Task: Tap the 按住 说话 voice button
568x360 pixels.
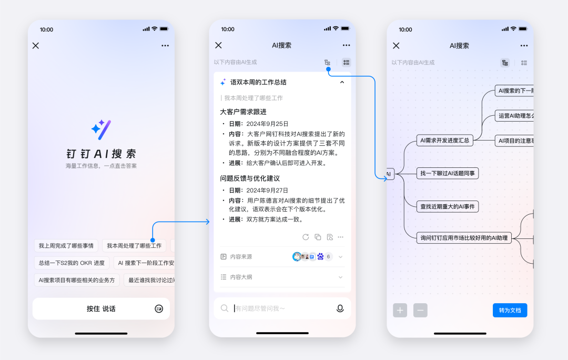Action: coord(100,309)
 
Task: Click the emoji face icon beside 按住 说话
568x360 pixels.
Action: coord(159,309)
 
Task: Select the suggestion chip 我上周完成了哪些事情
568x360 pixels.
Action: coord(66,246)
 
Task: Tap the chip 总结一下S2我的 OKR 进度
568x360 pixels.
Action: coord(72,263)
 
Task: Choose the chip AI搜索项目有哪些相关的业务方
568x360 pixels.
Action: coord(77,280)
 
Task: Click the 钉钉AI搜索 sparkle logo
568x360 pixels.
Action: coord(101,129)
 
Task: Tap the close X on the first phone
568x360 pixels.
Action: coord(36,46)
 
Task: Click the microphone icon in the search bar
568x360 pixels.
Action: coord(340,308)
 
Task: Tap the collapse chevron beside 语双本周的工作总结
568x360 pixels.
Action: coord(342,82)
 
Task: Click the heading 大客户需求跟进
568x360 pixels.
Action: coord(244,112)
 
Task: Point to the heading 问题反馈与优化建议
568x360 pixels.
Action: coord(250,178)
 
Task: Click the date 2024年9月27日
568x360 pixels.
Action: coord(267,191)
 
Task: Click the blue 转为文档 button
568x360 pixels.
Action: coord(510,311)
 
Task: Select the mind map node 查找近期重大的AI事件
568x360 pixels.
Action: coord(447,207)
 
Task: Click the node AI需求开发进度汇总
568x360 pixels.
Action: coord(444,140)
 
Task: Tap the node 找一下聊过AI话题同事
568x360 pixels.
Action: coord(449,173)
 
